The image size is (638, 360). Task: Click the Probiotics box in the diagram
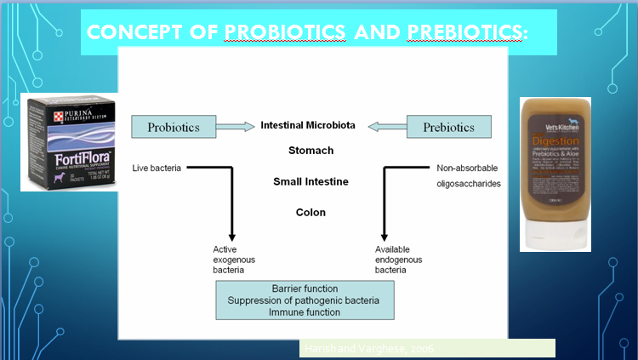174,128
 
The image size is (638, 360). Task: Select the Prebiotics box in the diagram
448,128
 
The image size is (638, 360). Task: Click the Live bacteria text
157,168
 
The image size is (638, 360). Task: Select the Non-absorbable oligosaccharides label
468,175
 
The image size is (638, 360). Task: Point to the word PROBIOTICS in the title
286,32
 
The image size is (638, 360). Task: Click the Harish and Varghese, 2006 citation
357,348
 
